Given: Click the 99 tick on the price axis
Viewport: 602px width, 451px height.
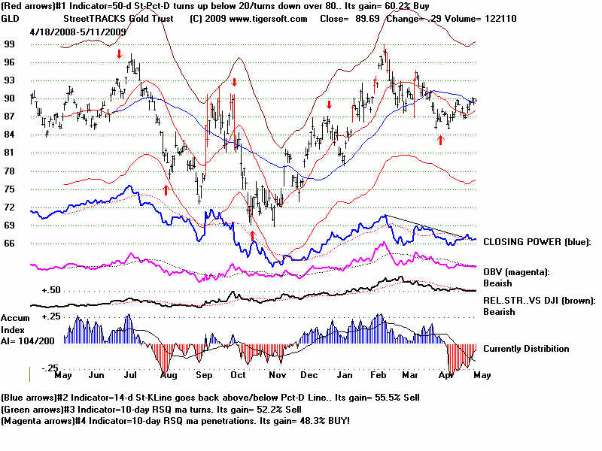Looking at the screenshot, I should [10, 44].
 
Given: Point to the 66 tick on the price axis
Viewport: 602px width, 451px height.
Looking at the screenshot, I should [10, 243].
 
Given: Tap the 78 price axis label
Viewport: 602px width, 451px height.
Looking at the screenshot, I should [10, 171].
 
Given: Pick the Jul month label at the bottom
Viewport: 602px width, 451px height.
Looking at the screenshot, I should [130, 374].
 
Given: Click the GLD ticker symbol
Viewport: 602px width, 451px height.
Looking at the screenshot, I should [11, 18].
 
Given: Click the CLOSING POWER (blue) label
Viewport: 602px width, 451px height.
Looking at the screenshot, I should [537, 242].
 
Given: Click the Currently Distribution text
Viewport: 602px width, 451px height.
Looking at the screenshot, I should [526, 349].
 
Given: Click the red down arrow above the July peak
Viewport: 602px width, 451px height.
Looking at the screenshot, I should [119, 55].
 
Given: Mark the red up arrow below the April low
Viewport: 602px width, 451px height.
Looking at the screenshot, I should [441, 139].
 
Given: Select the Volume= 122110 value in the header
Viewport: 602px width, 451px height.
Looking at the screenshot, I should [503, 18].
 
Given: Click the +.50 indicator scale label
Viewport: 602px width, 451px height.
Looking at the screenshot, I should [51, 289].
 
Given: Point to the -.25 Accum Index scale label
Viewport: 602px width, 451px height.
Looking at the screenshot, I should [50, 367].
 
